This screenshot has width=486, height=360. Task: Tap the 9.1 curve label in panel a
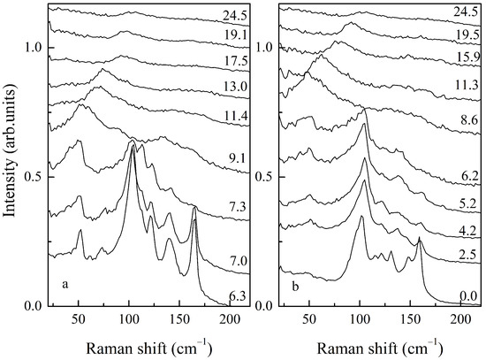point(234,158)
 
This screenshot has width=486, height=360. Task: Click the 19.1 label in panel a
point(234,35)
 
